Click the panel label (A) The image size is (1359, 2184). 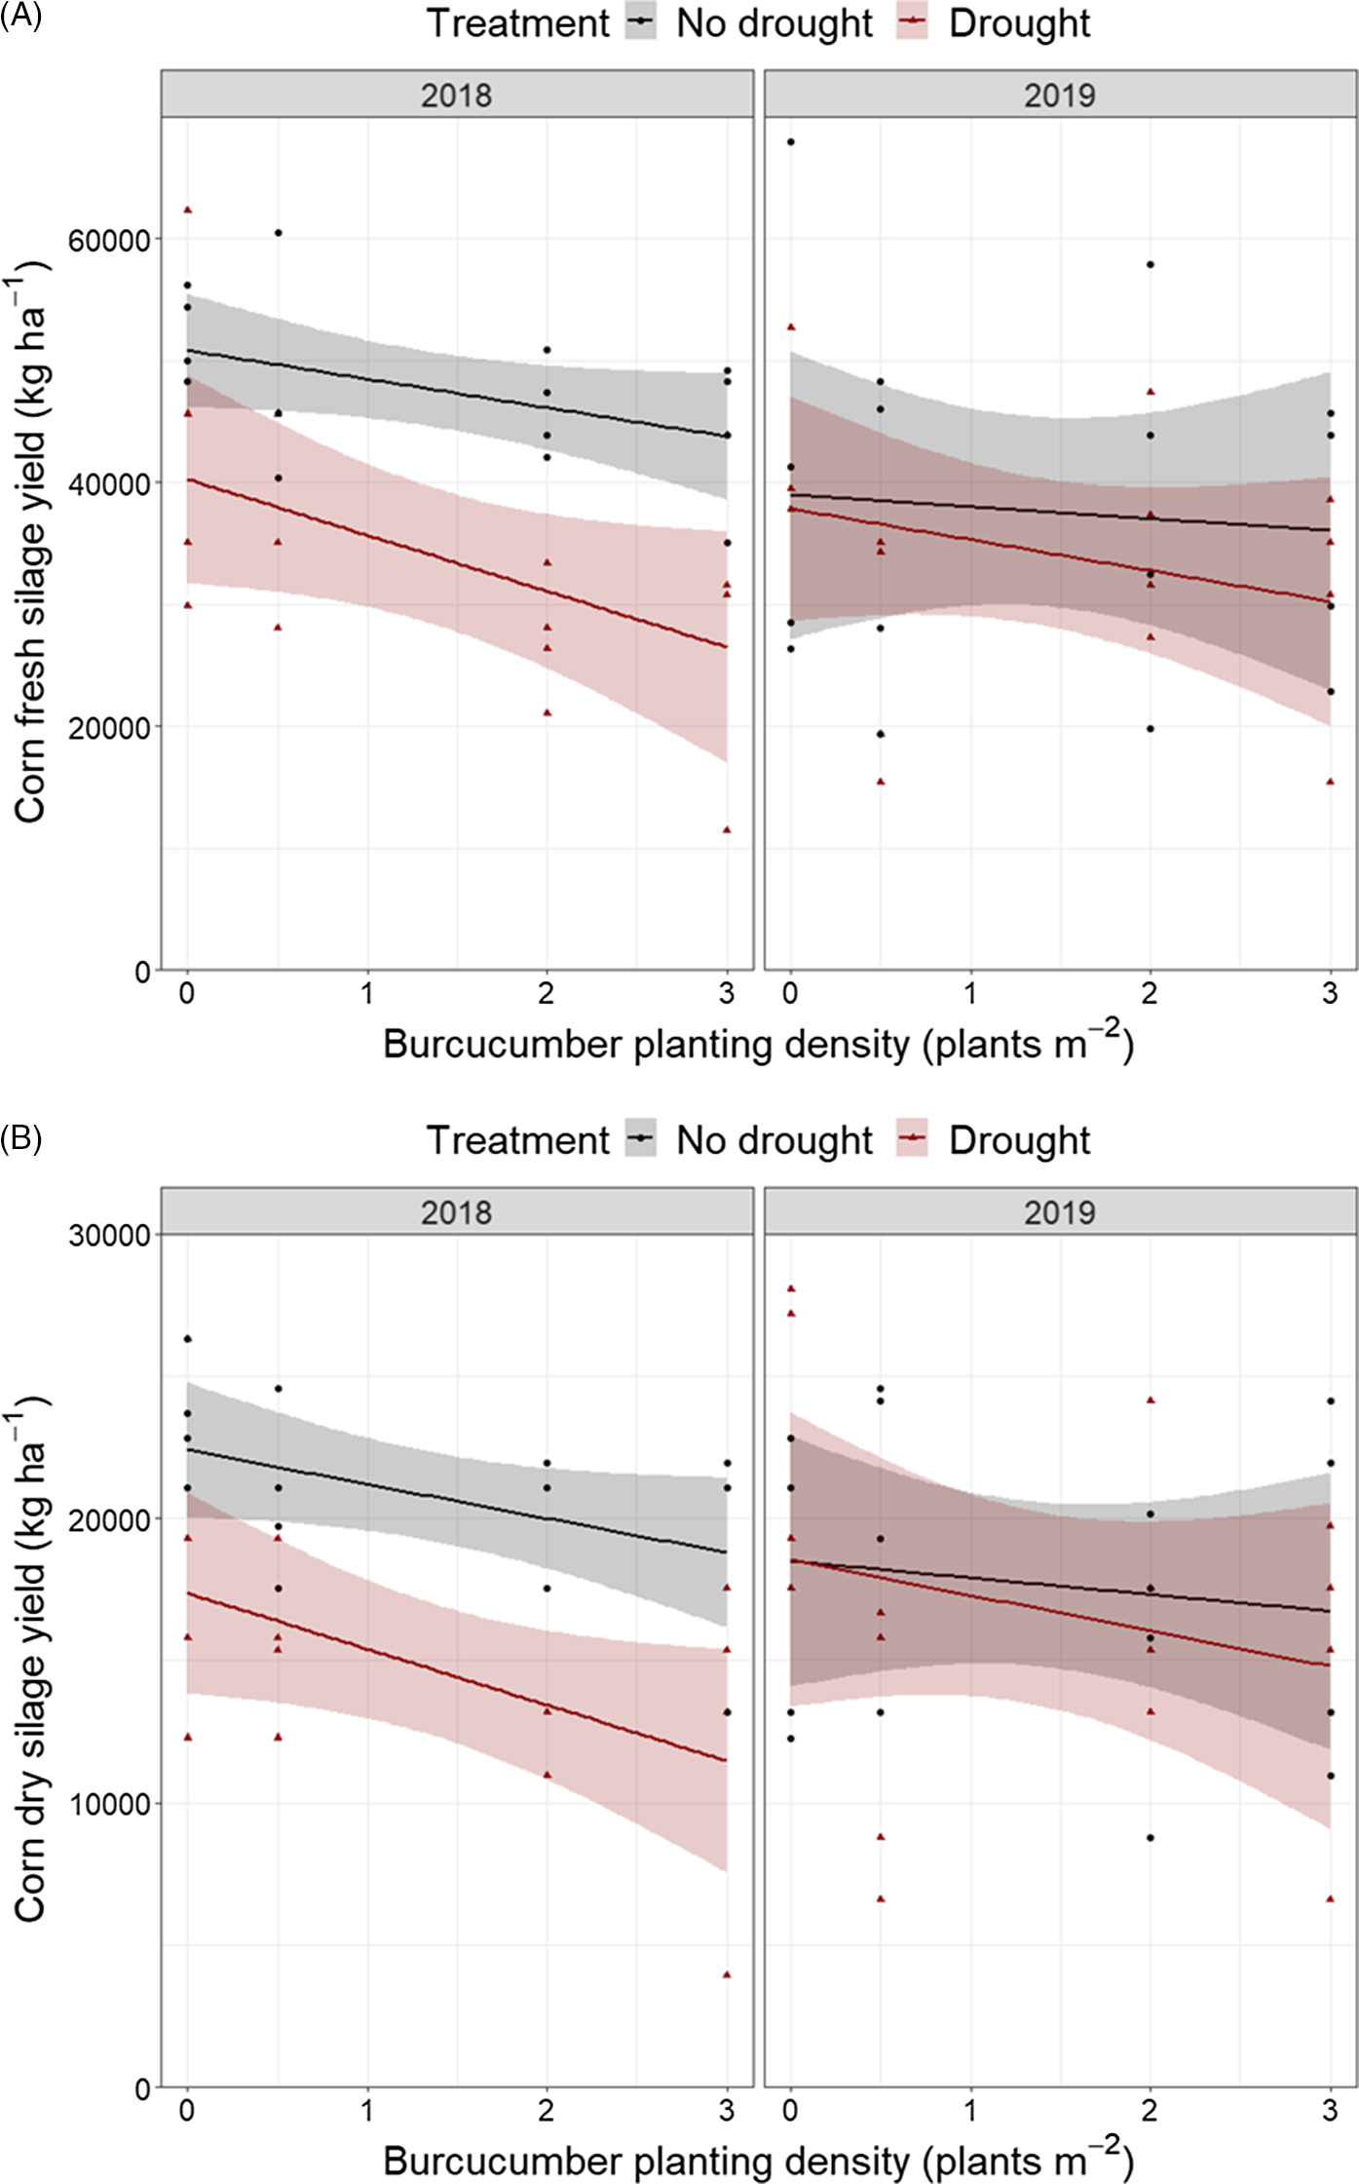pyautogui.click(x=20, y=17)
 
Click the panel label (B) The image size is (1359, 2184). pyautogui.click(x=20, y=1137)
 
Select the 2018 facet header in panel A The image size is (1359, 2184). pyautogui.click(x=456, y=96)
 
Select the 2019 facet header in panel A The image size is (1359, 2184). pyautogui.click(x=1060, y=96)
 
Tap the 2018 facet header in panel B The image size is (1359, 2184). pyautogui.click(x=456, y=1212)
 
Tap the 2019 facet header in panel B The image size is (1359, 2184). pyautogui.click(x=1060, y=1212)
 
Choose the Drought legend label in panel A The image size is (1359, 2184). pyautogui.click(x=1019, y=23)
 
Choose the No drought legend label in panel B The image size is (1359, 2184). pyautogui.click(x=774, y=1140)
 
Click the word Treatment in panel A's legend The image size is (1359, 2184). pyautogui.click(x=517, y=23)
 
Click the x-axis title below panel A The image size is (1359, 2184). pyautogui.click(x=758, y=1045)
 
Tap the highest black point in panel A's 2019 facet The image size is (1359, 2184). pyautogui.click(x=791, y=142)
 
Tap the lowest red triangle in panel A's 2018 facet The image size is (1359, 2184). pyautogui.click(x=727, y=829)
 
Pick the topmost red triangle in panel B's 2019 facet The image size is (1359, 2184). pyautogui.click(x=791, y=1288)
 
